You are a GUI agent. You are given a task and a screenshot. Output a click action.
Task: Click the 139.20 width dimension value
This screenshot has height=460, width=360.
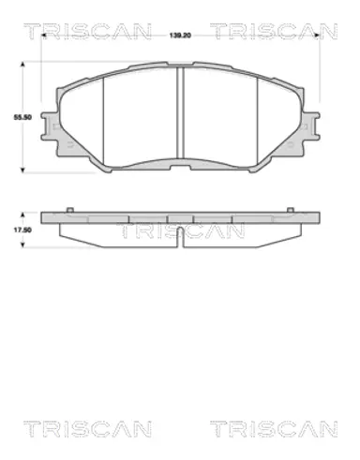(180, 36)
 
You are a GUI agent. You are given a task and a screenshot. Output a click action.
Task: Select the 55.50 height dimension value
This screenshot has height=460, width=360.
(22, 118)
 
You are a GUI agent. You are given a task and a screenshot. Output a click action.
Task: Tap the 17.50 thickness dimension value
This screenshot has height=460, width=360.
(22, 230)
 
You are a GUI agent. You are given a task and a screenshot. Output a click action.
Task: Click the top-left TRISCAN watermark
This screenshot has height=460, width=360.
(88, 31)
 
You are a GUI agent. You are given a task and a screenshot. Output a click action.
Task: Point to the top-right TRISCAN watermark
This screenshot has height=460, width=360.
(274, 31)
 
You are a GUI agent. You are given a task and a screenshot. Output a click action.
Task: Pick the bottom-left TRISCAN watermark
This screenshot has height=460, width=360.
(88, 429)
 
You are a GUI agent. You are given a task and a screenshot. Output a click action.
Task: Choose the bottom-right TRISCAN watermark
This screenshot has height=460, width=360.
(274, 429)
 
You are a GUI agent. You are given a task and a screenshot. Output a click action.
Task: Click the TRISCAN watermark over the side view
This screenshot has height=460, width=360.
(181, 230)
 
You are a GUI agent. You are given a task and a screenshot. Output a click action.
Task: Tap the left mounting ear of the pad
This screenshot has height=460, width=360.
(50, 126)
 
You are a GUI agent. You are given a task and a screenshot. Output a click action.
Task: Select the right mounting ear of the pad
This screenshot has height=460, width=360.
(311, 126)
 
